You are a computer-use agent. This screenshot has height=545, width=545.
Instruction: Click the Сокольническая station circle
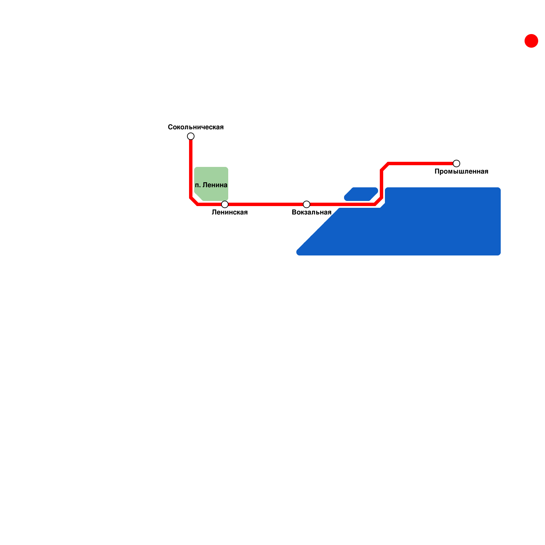(x=191, y=136)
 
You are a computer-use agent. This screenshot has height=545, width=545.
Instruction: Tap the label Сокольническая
(x=196, y=127)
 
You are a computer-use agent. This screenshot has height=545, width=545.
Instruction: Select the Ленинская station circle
(x=225, y=204)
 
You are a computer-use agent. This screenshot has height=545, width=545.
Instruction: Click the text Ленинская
(x=230, y=212)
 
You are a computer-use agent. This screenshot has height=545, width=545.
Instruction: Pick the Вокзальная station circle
(x=307, y=204)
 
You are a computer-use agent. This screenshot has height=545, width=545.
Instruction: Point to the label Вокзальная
(x=312, y=212)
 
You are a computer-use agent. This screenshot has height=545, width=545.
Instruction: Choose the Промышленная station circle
(x=456, y=163)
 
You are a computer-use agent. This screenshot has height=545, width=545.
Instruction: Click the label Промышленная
(x=462, y=171)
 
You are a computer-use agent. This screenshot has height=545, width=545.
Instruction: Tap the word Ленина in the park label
(x=215, y=185)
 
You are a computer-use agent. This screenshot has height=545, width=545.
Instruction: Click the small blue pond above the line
(x=361, y=194)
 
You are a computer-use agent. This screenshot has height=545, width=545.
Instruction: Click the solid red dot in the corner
(x=531, y=41)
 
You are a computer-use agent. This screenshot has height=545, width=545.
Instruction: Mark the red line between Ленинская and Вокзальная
(x=266, y=204)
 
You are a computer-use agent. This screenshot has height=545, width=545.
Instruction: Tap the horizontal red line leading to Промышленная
(x=421, y=163)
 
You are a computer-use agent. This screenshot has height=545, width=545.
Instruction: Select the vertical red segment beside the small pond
(x=381, y=184)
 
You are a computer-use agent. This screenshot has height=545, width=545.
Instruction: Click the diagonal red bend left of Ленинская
(x=194, y=201)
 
